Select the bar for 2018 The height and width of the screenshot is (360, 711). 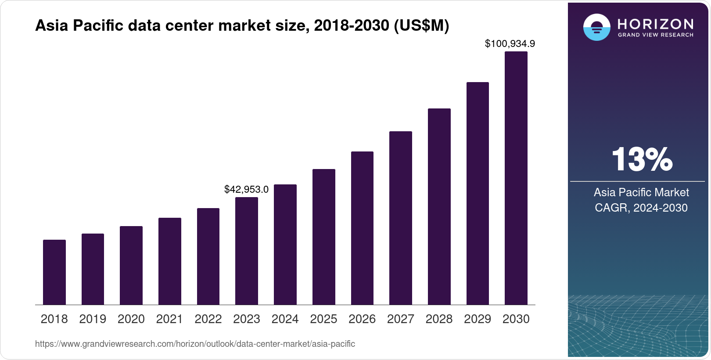[x=54, y=272]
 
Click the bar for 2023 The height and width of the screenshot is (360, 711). [x=247, y=251]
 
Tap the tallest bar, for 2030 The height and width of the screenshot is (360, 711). [x=516, y=178]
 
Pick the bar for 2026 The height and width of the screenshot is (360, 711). [x=362, y=228]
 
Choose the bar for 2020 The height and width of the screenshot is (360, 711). [x=131, y=266]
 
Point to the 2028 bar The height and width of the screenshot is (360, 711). [x=439, y=206]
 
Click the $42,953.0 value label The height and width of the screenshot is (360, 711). [x=246, y=189]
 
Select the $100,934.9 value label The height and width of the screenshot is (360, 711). [x=510, y=43]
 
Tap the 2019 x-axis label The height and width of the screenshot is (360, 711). [x=93, y=319]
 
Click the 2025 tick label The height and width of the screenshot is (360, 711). [x=323, y=319]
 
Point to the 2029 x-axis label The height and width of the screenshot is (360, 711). [x=478, y=319]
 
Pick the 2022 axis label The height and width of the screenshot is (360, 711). [x=208, y=319]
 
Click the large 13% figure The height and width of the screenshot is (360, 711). [x=642, y=159]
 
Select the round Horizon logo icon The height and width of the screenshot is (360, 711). [x=596, y=27]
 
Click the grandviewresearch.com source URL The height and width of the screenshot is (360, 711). [x=195, y=344]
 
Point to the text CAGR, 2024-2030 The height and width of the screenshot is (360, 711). [x=641, y=208]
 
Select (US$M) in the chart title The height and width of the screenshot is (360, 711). [x=421, y=25]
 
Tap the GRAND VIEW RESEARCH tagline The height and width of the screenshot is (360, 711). [x=656, y=35]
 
